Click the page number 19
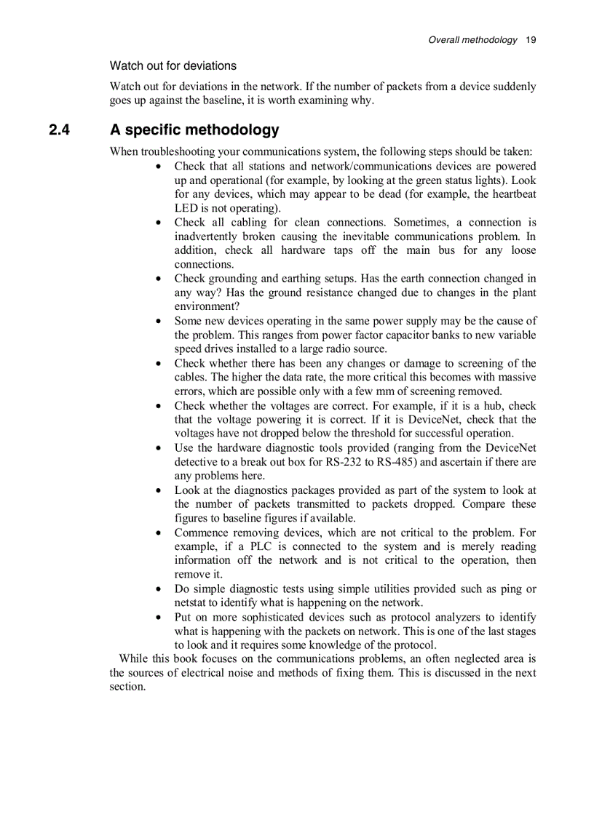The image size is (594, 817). point(531,40)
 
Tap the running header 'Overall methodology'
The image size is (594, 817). point(473,40)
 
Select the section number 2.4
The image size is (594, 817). point(59,130)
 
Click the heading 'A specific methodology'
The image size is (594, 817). point(194,130)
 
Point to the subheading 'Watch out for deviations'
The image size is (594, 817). point(173,66)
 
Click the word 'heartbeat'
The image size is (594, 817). point(514,194)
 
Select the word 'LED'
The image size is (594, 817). point(186,208)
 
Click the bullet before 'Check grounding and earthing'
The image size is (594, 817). point(159,279)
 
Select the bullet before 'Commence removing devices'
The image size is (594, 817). point(159,533)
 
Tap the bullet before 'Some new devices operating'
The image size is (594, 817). point(159,321)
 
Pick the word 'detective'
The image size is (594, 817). point(199,462)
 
